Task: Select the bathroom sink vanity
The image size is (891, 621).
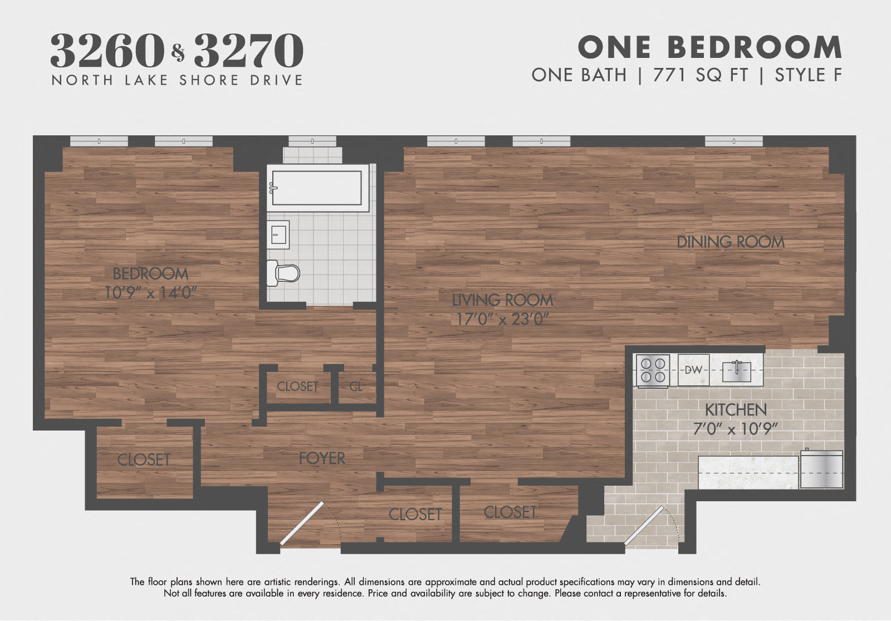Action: pyautogui.click(x=278, y=234)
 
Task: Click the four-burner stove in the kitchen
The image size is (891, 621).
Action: pyautogui.click(x=653, y=370)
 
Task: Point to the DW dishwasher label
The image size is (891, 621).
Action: pyautogui.click(x=693, y=370)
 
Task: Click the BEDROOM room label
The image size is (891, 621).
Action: pyautogui.click(x=150, y=273)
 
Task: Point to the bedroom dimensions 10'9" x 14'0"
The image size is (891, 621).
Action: pyautogui.click(x=150, y=292)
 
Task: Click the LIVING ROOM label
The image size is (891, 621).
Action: pyautogui.click(x=502, y=300)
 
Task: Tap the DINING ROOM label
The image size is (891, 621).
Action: pyautogui.click(x=730, y=242)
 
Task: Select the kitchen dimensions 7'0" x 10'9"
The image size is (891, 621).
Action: pyautogui.click(x=736, y=429)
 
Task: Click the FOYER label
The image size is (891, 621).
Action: pyautogui.click(x=322, y=458)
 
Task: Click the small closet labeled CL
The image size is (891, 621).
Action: pyautogui.click(x=356, y=386)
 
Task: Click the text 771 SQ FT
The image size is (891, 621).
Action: pyautogui.click(x=700, y=75)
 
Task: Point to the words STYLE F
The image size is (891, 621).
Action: pyautogui.click(x=808, y=75)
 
